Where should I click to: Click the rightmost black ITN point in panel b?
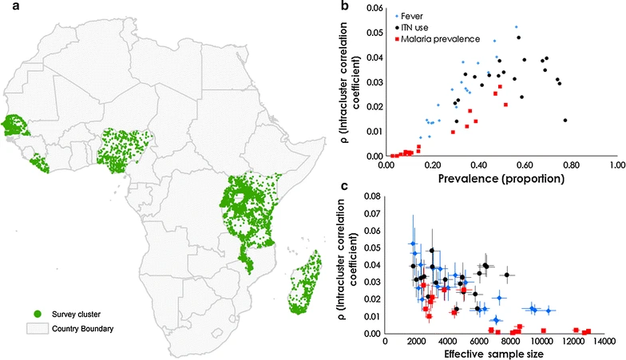pyautogui.click(x=565, y=121)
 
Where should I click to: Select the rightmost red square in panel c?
pyautogui.click(x=588, y=330)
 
